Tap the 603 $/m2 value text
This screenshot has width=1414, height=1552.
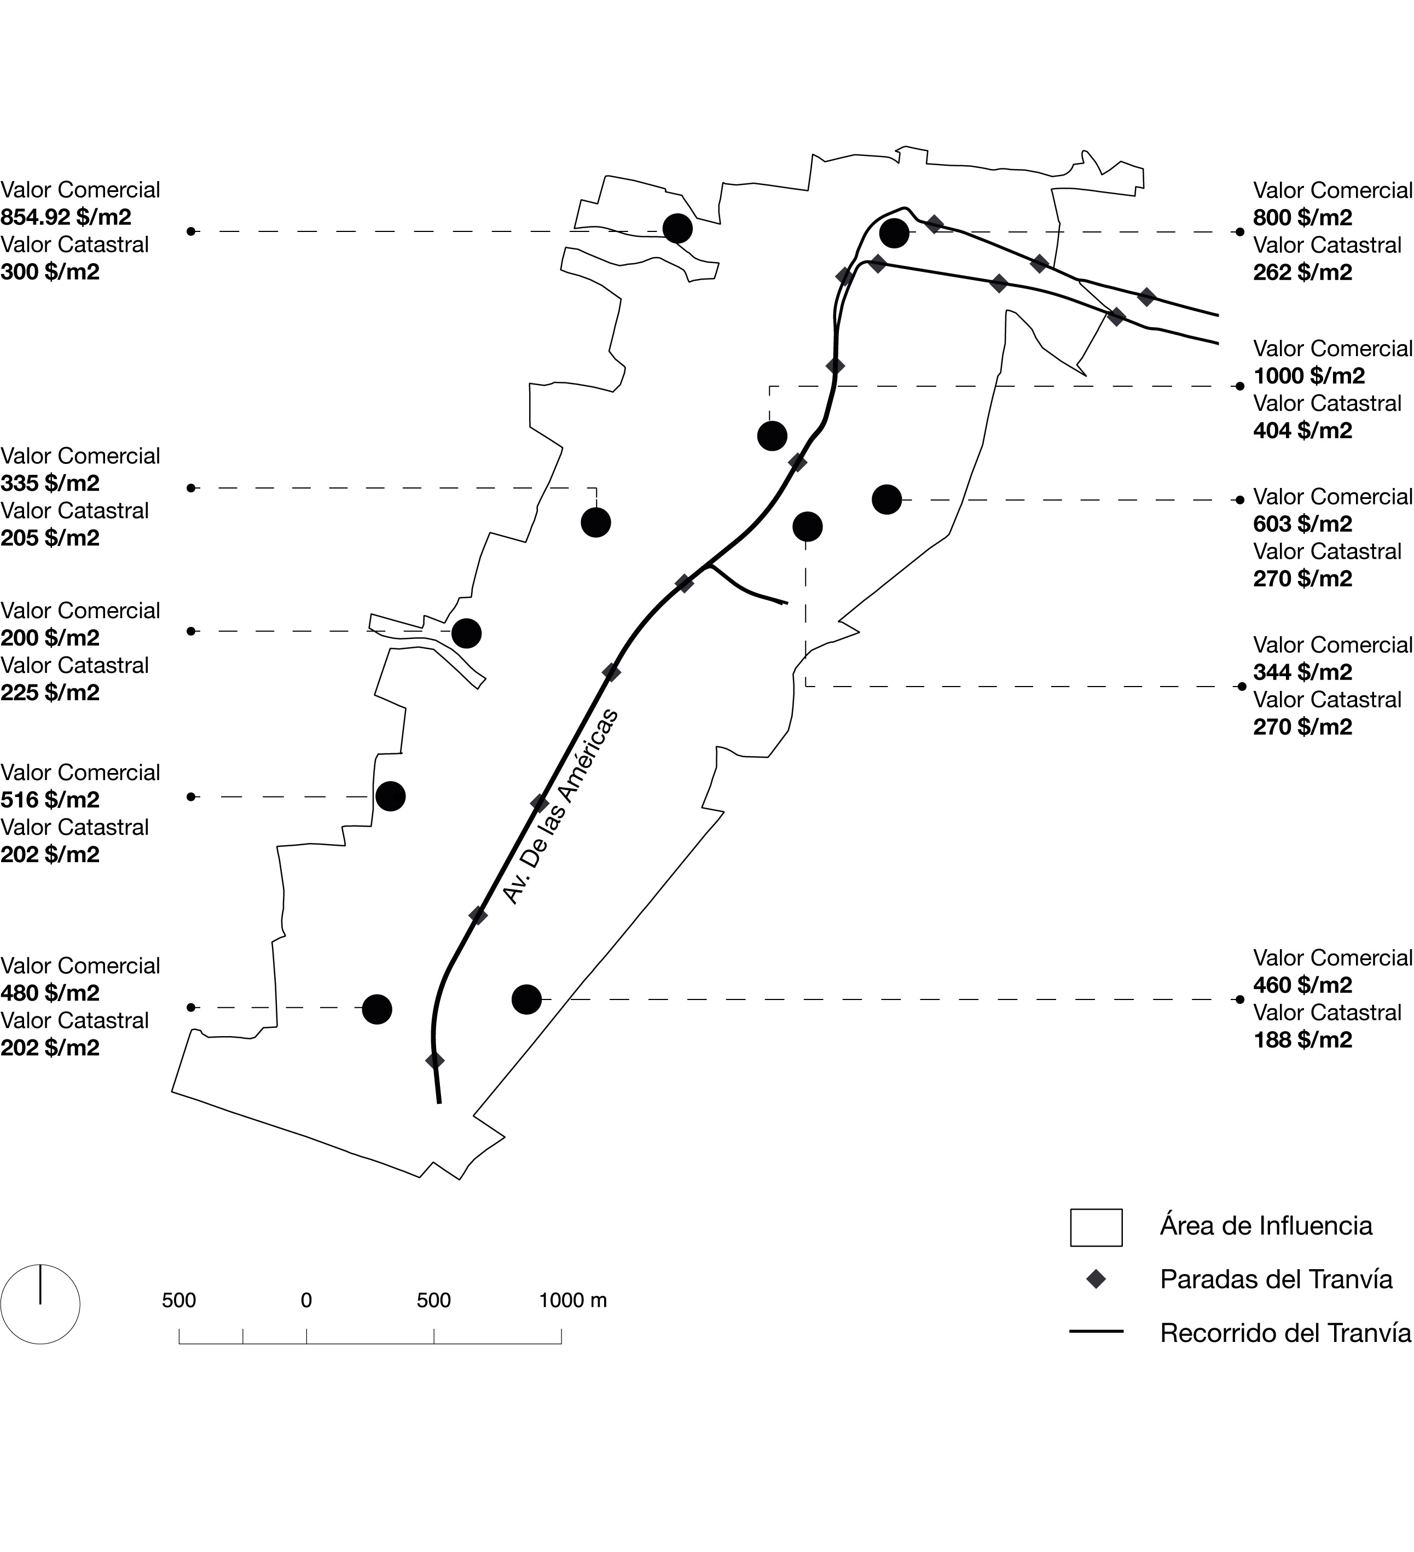[x=1302, y=524]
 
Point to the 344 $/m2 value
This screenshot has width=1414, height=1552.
[x=1302, y=672]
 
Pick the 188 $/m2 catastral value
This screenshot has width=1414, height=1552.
[x=1302, y=1040]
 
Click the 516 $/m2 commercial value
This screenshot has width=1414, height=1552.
[x=50, y=800]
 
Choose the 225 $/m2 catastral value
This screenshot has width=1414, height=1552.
[x=50, y=693]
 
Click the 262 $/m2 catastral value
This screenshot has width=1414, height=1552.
[x=1302, y=272]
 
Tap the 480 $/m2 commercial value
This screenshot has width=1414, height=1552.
[x=50, y=993]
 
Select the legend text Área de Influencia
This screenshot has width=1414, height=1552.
[x=1265, y=1225]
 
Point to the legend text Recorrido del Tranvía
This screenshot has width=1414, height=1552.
[x=1285, y=1333]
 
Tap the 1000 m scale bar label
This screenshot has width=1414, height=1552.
[x=572, y=1300]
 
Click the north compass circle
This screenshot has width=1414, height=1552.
[x=40, y=1304]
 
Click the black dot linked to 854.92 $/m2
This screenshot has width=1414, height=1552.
[x=677, y=229]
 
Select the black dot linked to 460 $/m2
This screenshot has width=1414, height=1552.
[x=526, y=999]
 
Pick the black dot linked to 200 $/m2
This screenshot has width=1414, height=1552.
[x=466, y=633]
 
